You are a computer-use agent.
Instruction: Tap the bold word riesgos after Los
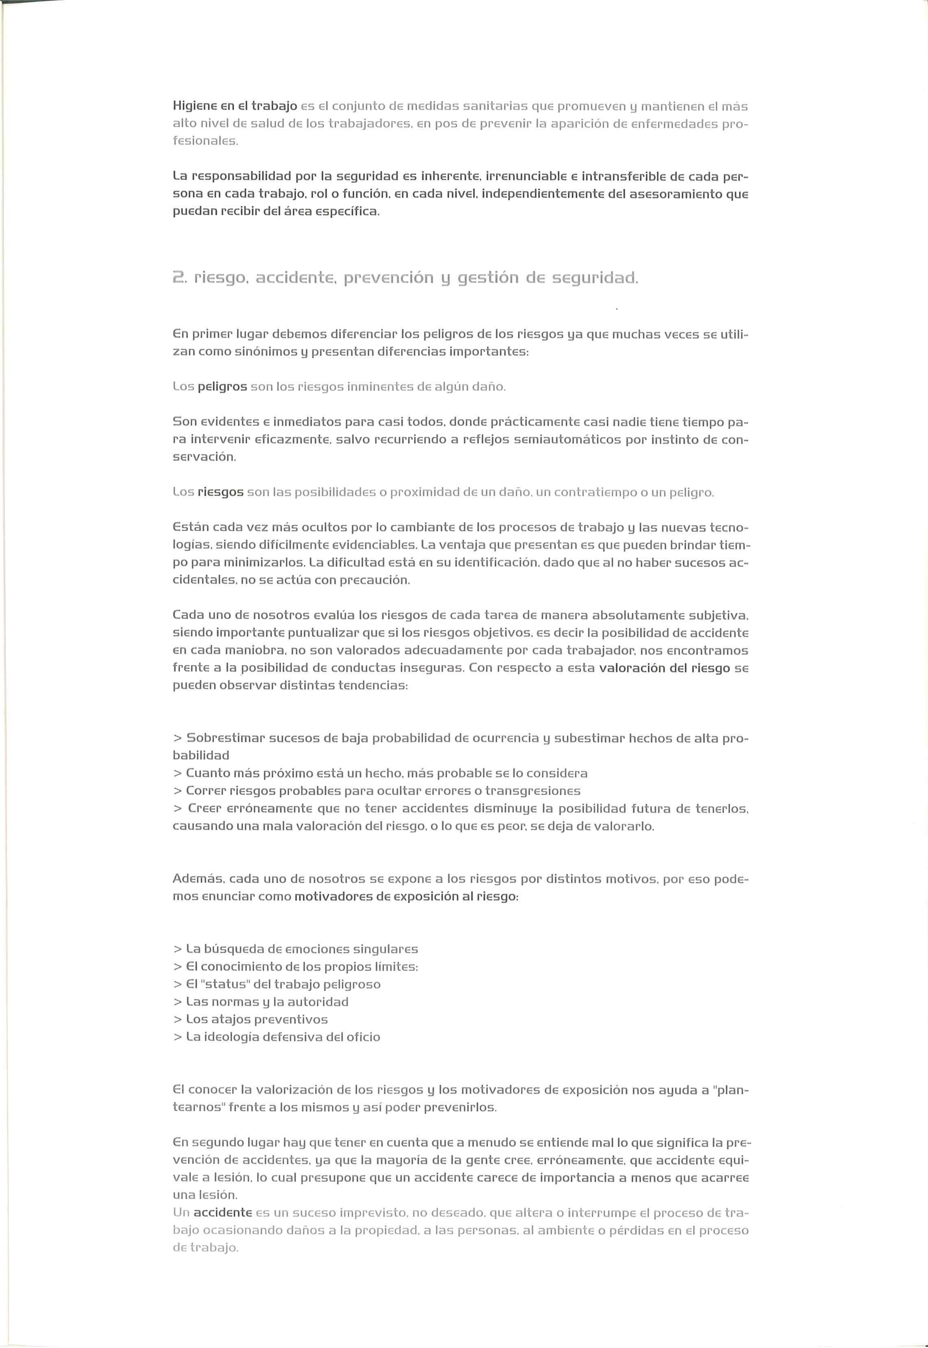(x=220, y=492)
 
